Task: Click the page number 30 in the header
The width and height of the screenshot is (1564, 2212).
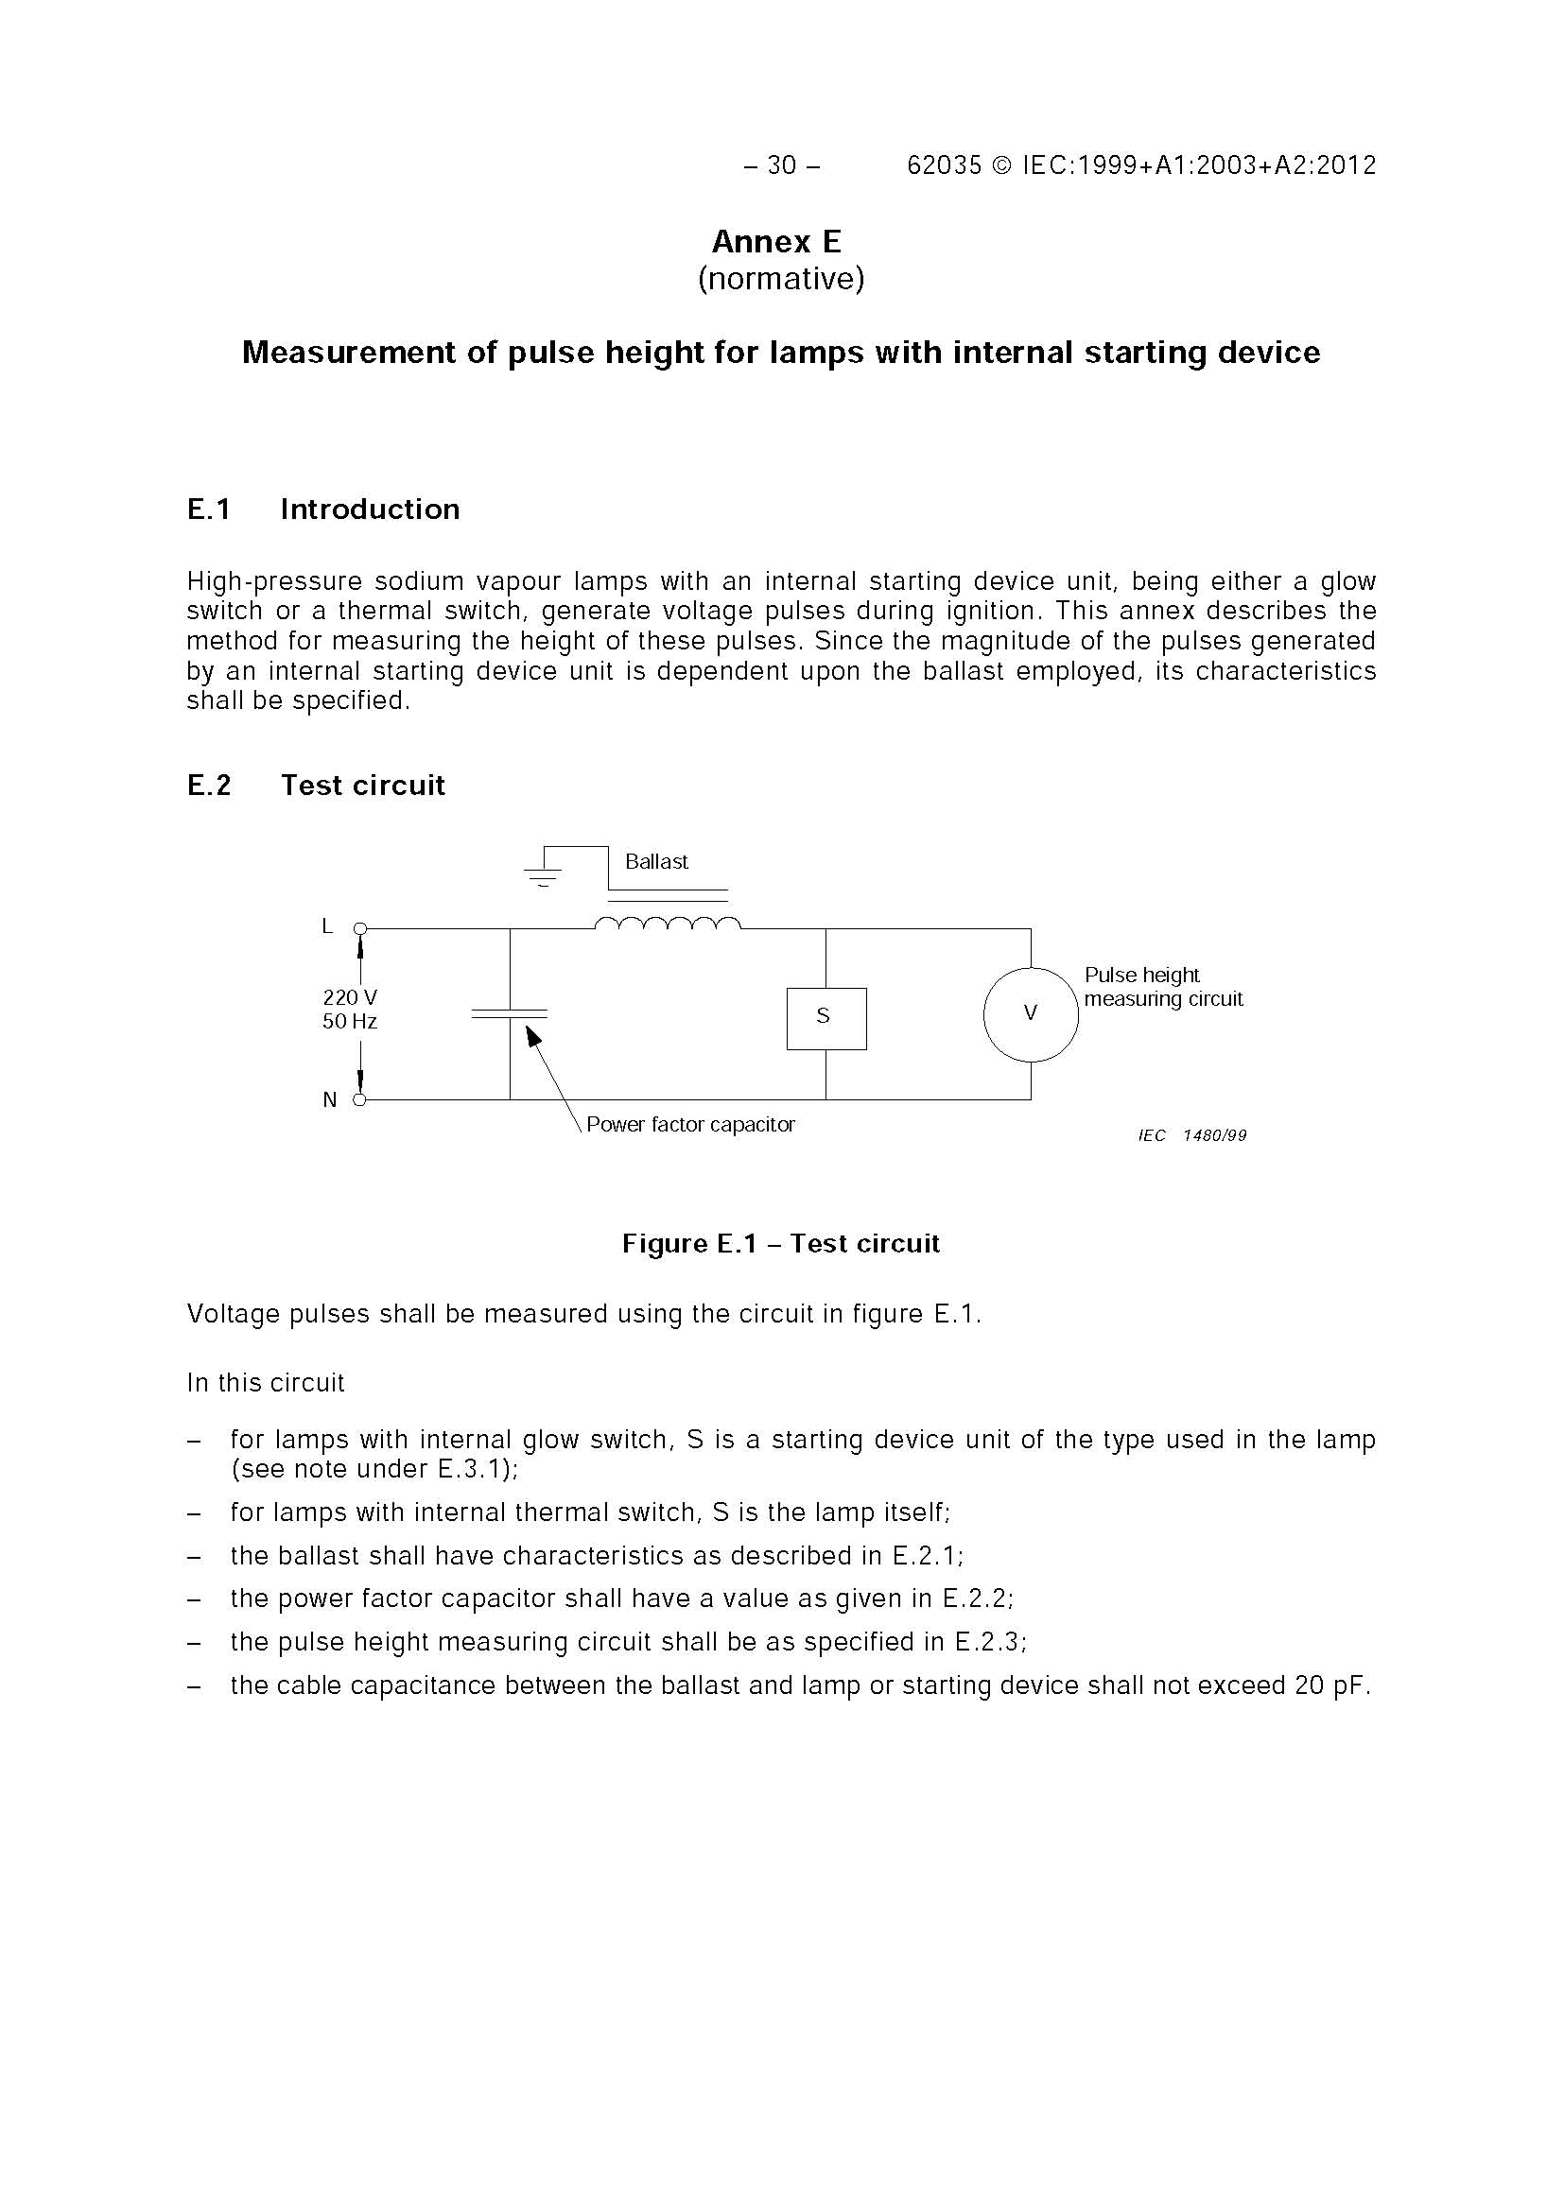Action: coord(781,165)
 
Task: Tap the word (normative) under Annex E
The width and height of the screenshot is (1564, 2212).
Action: coord(780,279)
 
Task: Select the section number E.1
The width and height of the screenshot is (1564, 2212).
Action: coord(209,510)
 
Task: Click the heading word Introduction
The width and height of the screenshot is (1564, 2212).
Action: coord(370,510)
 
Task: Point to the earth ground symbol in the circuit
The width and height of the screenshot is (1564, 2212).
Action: coord(543,873)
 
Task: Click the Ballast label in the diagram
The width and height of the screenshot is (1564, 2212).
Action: coord(656,861)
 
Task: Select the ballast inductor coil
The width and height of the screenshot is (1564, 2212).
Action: coord(668,924)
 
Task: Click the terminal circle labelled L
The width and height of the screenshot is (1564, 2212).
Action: coord(359,927)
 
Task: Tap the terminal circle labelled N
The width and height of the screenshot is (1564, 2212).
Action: coord(359,1099)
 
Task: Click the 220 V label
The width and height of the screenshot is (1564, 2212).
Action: coord(349,997)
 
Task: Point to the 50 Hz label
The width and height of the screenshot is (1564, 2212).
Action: coord(349,1021)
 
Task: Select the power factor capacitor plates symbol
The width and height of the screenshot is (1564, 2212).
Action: coord(510,1013)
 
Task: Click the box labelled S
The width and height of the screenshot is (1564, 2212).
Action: coord(825,1018)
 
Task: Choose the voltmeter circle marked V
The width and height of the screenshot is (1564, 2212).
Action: coord(1030,1013)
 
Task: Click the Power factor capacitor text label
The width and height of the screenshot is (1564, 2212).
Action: coord(690,1124)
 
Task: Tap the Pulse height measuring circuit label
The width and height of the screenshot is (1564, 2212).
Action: coord(1162,987)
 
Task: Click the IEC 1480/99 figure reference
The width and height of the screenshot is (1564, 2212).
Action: coord(1192,1136)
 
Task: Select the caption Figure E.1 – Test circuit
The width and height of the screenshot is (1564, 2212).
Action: coord(780,1244)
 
